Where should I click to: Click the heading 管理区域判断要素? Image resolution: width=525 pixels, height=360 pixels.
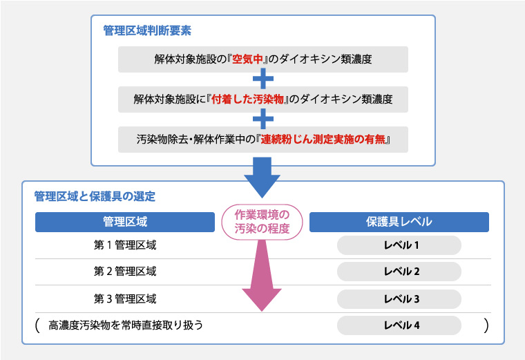[147, 31]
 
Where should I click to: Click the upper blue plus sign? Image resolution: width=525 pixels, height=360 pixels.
[263, 79]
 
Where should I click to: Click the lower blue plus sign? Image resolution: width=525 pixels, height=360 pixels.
[263, 119]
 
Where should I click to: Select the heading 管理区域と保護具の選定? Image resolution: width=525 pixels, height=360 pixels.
[95, 196]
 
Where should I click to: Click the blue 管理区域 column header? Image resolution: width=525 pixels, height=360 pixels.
[124, 222]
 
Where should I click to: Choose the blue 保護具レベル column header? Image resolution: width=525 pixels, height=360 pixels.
[399, 222]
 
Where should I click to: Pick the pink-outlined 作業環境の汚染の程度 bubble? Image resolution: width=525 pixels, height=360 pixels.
[262, 221]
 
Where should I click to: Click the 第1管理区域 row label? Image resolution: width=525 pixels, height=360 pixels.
[124, 245]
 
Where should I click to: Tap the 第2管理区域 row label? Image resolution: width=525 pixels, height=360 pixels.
[124, 272]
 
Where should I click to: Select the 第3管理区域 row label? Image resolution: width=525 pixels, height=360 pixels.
[124, 299]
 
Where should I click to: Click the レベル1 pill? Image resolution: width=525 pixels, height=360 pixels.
[400, 245]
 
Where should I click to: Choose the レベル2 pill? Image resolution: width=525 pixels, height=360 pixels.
[400, 272]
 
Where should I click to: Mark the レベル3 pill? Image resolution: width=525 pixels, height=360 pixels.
[400, 299]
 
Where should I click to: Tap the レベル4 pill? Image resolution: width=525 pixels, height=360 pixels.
[400, 325]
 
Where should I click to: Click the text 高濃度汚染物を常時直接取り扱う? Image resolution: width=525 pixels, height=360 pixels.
[126, 325]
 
